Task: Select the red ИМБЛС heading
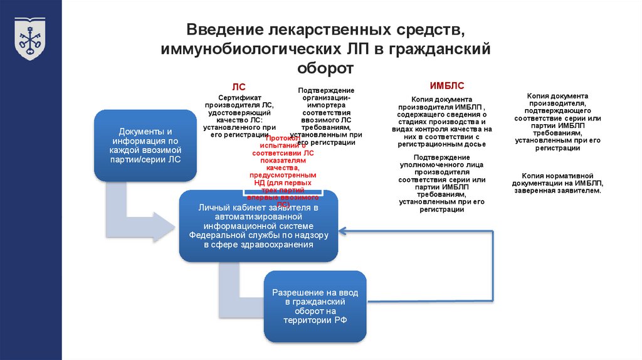446,86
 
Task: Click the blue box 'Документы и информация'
145,146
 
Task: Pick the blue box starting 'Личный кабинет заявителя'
258,226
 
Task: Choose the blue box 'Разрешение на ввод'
315,306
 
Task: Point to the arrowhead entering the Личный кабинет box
344,230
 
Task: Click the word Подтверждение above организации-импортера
326,90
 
